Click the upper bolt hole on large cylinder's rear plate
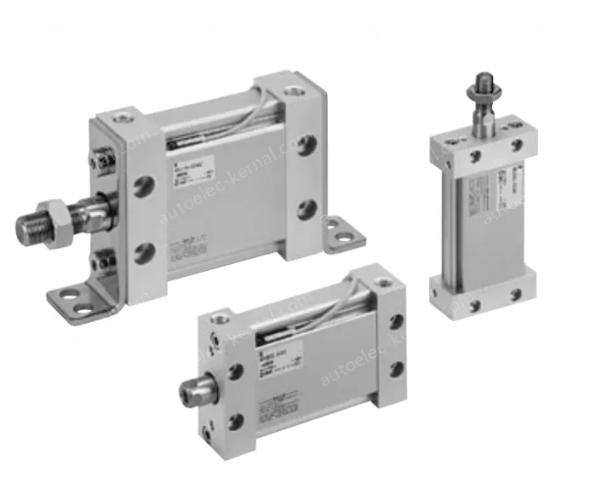click(x=307, y=144)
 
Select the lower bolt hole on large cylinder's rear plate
click(x=308, y=208)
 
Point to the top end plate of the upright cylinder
click(x=483, y=149)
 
